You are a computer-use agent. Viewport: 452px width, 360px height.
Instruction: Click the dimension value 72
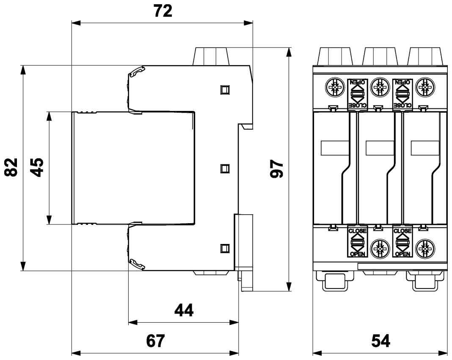tap(163, 11)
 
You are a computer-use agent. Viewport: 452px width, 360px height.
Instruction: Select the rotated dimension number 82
tap(12, 167)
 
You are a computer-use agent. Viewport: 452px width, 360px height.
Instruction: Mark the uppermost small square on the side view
tap(225, 89)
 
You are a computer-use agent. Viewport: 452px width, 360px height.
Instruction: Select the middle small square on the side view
tap(225, 169)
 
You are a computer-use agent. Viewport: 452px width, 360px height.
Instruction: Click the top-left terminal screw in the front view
tap(332, 88)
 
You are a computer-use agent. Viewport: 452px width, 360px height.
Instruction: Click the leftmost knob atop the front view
tap(335, 55)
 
